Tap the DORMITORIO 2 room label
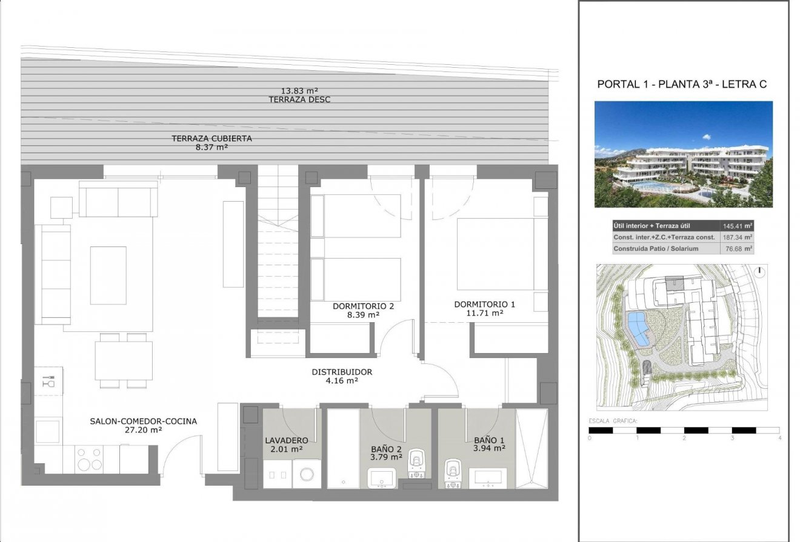pyautogui.click(x=363, y=306)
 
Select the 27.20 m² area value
pyautogui.click(x=143, y=430)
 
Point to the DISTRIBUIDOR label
pyautogui.click(x=342, y=372)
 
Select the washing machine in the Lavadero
pyautogui.click(x=307, y=474)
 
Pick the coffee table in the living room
pyautogui.click(x=108, y=275)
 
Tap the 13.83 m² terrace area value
pyautogui.click(x=299, y=90)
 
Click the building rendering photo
pyautogui.click(x=683, y=154)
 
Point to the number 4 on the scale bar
pyautogui.click(x=780, y=438)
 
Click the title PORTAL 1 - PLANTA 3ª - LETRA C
pyautogui.click(x=682, y=85)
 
